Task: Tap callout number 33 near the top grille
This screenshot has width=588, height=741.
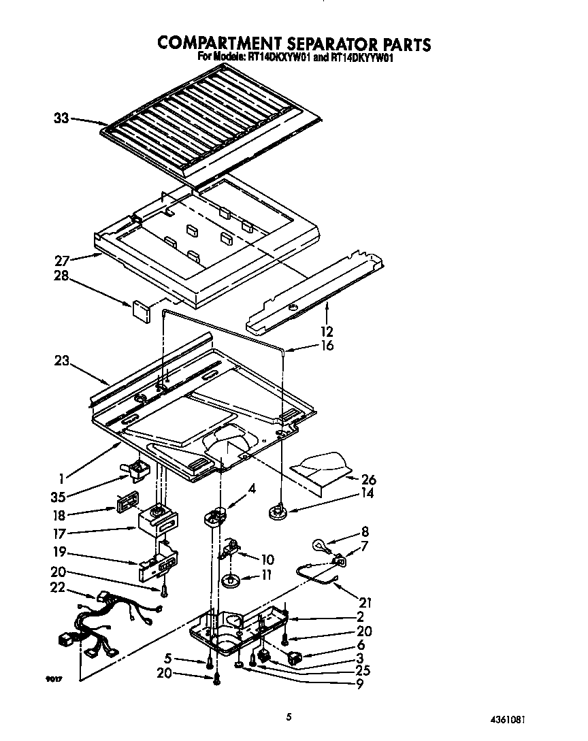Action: pyautogui.click(x=61, y=118)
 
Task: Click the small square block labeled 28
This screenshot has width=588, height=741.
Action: pyautogui.click(x=142, y=310)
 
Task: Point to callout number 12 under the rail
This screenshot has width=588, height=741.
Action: pyautogui.click(x=327, y=331)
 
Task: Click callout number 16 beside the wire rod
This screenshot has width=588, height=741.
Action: pyautogui.click(x=327, y=346)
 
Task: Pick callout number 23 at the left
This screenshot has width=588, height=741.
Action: pyautogui.click(x=62, y=361)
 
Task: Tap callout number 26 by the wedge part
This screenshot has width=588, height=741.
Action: pyautogui.click(x=369, y=479)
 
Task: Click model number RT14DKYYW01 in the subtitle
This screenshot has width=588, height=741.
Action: pyautogui.click(x=363, y=59)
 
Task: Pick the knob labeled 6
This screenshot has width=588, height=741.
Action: pyautogui.click(x=295, y=657)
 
